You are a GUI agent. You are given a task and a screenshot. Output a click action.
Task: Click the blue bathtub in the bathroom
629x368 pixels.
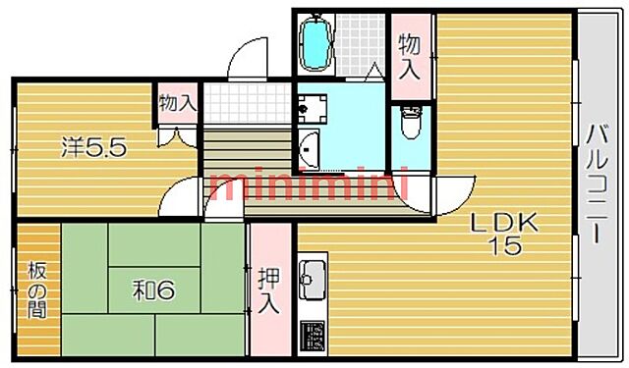(x=315, y=41)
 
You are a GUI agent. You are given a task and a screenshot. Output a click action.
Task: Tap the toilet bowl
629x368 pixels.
(x=410, y=124)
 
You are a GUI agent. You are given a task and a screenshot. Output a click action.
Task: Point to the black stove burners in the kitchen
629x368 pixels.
(x=312, y=336)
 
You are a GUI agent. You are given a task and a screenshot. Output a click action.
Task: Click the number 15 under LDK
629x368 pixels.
(x=507, y=246)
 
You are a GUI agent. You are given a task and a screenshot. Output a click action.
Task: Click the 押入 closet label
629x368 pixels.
(x=268, y=290)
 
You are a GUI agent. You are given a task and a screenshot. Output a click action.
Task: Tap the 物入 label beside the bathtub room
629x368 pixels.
(x=410, y=56)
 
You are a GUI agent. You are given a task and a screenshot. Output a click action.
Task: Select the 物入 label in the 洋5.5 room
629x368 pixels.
(x=177, y=103)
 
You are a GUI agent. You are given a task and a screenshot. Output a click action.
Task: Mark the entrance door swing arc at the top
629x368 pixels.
(x=246, y=59)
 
